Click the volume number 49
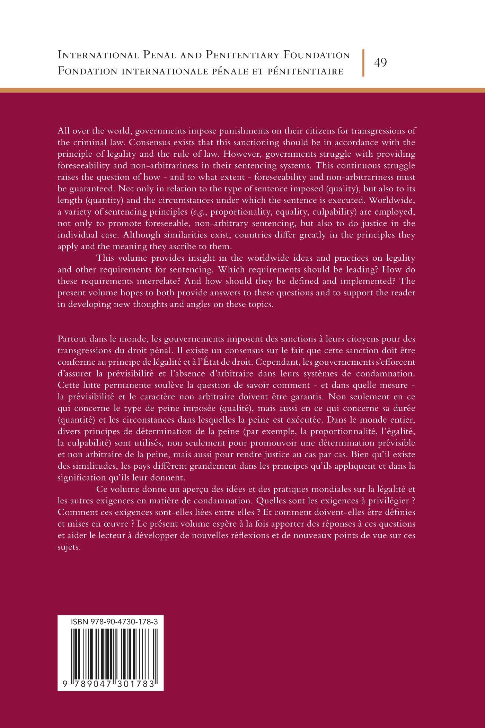pyautogui.click(x=380, y=63)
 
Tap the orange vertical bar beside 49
pyautogui.click(x=363, y=63)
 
